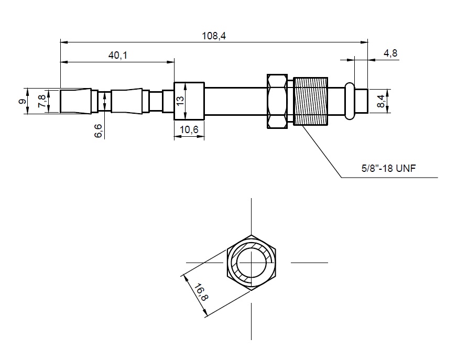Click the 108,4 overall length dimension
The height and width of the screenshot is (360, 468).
coord(214,36)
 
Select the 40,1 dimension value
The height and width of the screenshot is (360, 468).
coord(117,55)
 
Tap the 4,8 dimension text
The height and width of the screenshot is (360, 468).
coord(390,53)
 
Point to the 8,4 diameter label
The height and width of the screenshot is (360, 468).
coord(381,101)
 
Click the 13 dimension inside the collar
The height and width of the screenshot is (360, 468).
coord(180,100)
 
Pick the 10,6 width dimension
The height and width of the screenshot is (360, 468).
coord(189,129)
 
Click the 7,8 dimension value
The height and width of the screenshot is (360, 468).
coord(42,101)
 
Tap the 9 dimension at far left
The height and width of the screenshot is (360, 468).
coord(22,102)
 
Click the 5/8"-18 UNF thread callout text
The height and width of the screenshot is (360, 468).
coord(388,168)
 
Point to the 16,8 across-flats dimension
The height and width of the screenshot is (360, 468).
coord(201,292)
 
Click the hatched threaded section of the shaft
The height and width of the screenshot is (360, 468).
coord(311,101)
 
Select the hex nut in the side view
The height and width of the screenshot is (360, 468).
coord(277,101)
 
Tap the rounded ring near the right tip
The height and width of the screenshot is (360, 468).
coord(350,101)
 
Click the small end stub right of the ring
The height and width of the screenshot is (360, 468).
coord(361,101)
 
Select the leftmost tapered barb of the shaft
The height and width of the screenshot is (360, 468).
coord(75,101)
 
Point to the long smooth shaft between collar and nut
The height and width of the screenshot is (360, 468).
coord(236,101)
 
